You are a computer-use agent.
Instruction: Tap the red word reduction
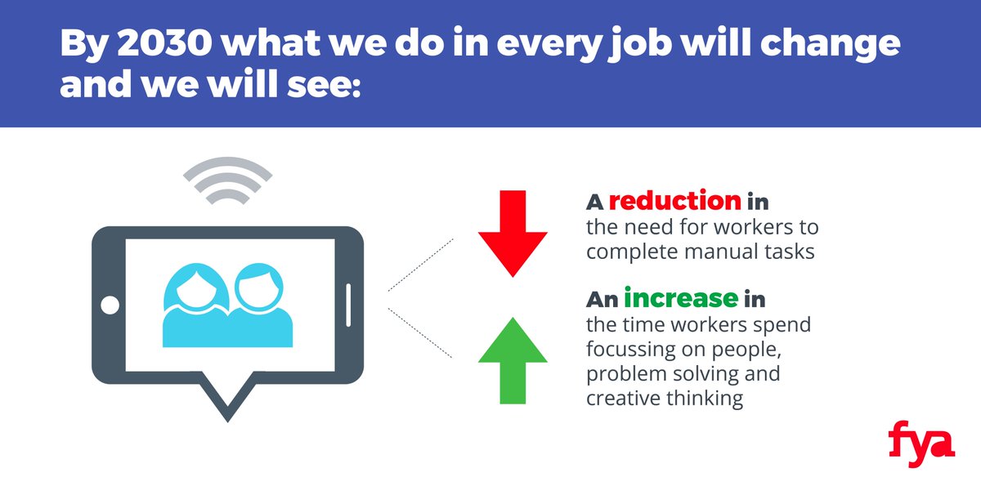click(x=674, y=201)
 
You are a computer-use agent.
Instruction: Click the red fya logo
click(x=921, y=443)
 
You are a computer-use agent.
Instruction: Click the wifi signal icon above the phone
click(x=226, y=182)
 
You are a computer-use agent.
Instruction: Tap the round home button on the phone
click(x=110, y=305)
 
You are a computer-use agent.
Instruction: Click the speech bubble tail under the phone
click(x=226, y=400)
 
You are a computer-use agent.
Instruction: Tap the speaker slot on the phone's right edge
click(x=348, y=305)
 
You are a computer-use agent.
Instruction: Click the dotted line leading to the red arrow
click(x=420, y=265)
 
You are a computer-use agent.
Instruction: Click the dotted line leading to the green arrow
click(x=420, y=333)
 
